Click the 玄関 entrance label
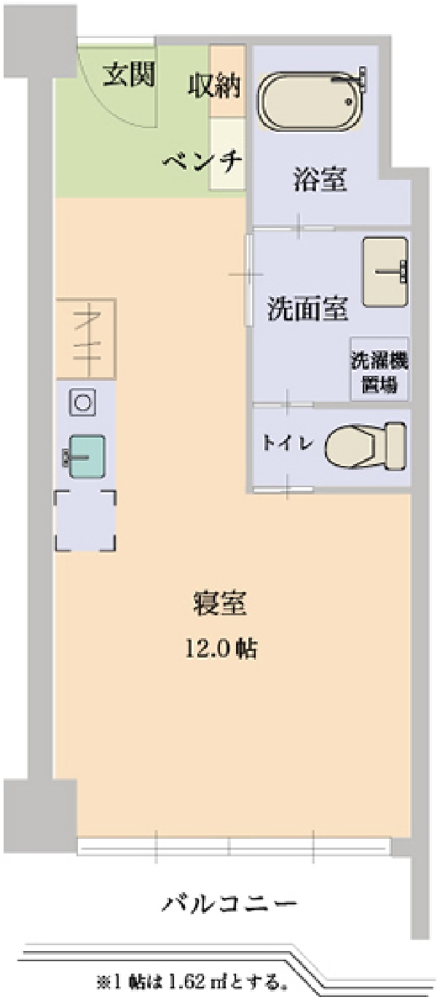point(129,74)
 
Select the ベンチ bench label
point(202,161)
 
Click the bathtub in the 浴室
point(310,101)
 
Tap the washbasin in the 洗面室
point(385,272)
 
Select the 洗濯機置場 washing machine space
point(379,368)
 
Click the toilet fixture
point(366,446)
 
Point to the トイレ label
point(288,443)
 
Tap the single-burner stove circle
point(82,403)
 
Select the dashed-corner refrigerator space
point(86,520)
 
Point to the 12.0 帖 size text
point(221,648)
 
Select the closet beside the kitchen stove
point(87,339)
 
